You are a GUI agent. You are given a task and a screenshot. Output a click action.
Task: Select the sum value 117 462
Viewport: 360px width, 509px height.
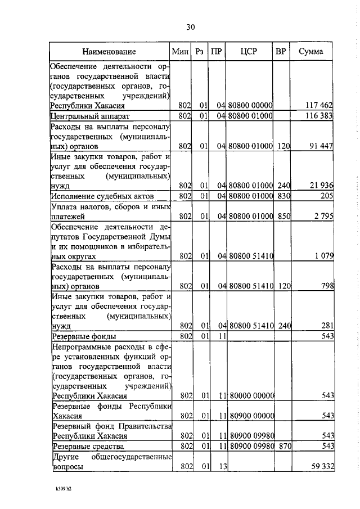[319, 105]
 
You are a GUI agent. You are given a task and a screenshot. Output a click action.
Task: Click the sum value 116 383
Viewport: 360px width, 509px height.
[319, 116]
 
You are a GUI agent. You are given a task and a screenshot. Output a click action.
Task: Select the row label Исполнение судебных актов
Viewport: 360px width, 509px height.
[102, 196]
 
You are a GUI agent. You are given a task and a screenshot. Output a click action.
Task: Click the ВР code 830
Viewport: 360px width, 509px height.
[282, 196]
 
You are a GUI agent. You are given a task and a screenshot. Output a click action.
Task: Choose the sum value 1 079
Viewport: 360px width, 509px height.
[323, 256]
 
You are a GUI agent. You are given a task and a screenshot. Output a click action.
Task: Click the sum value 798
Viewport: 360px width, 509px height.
[327, 286]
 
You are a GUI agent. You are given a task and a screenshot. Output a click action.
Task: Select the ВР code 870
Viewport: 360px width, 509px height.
[282, 446]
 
